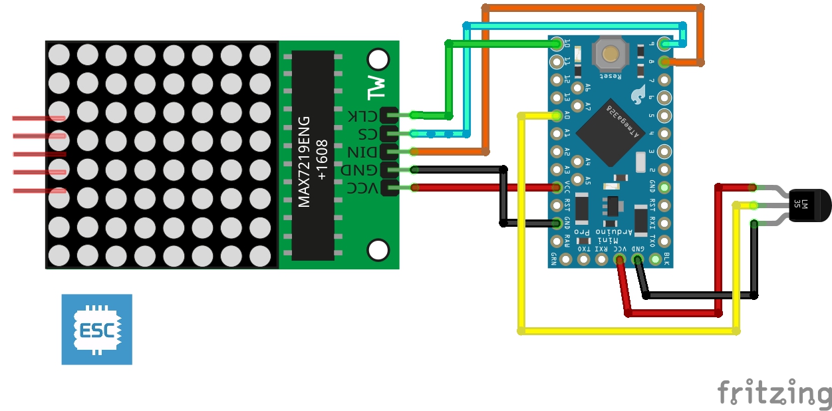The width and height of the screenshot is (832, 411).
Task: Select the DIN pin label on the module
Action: (x=363, y=152)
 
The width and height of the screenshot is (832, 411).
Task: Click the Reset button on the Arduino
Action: (x=607, y=54)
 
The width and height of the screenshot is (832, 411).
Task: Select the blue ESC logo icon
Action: (x=96, y=329)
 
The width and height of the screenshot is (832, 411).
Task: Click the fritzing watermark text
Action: (x=774, y=393)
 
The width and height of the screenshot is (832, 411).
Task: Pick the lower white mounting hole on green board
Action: (x=378, y=250)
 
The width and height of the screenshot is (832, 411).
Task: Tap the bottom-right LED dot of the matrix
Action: (x=260, y=255)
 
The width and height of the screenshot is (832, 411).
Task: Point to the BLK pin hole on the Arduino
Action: (x=655, y=259)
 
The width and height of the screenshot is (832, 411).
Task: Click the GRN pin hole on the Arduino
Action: (x=566, y=259)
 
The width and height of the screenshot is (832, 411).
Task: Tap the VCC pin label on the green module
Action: (x=363, y=189)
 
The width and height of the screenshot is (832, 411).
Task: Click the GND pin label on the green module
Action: (x=363, y=170)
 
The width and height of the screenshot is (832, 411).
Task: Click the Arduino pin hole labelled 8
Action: (x=664, y=62)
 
